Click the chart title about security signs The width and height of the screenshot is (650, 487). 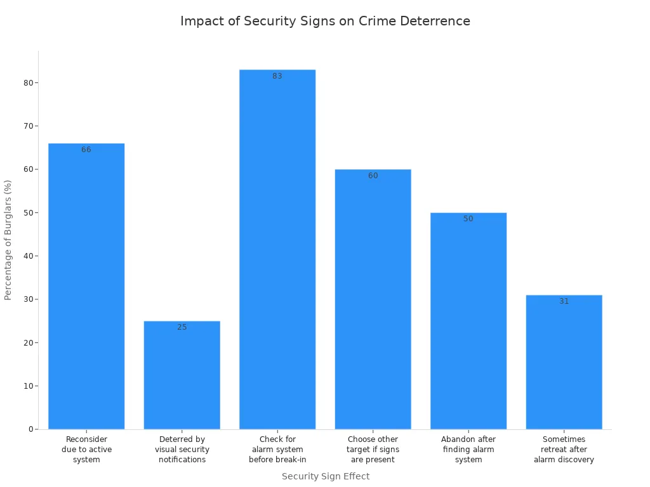325,21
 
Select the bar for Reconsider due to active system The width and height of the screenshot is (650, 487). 86,285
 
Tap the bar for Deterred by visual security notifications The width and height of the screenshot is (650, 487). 182,374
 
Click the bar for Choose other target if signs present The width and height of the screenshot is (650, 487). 373,298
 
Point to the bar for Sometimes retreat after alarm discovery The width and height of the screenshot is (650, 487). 564,361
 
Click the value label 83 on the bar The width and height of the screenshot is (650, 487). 277,76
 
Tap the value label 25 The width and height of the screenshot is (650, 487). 182,327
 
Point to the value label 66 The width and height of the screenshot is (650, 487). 86,150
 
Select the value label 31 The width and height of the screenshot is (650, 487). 564,301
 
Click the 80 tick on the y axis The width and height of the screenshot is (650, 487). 28,83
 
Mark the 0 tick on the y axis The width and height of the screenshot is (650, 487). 30,429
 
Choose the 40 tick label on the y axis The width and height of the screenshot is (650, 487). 28,256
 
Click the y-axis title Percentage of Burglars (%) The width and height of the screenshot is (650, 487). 8,240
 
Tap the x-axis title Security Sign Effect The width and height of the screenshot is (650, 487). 325,476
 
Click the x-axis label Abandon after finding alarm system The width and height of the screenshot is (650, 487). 468,450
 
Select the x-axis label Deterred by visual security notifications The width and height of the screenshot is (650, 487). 182,450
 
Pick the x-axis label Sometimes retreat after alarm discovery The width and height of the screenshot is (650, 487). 564,450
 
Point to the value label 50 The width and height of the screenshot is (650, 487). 468,219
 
